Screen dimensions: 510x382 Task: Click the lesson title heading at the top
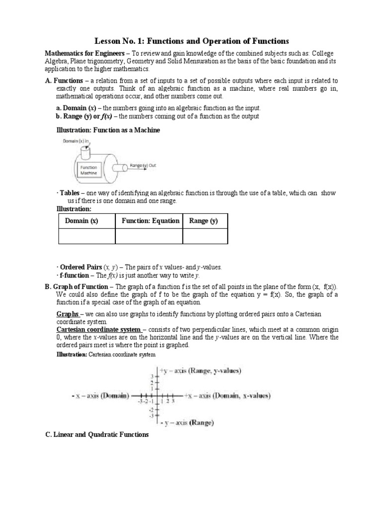tap(191, 40)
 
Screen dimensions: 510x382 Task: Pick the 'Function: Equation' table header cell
tap(148, 221)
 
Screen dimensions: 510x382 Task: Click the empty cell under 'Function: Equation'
tap(148, 237)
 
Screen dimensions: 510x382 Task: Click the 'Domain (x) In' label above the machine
tap(76, 141)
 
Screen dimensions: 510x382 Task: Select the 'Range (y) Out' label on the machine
tap(143, 165)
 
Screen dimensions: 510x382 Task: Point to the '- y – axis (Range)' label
tap(187, 423)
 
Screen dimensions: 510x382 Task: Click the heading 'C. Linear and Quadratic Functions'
tap(97, 435)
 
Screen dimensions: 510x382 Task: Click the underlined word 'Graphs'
tap(67, 314)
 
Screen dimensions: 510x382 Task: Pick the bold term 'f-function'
tap(74, 275)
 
